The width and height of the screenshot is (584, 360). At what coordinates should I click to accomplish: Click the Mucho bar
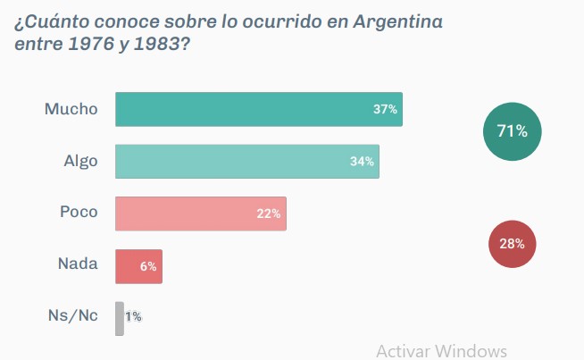[x=259, y=109]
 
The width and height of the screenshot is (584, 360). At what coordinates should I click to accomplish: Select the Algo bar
[x=247, y=162]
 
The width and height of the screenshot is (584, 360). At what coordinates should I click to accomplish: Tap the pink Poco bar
[x=201, y=213]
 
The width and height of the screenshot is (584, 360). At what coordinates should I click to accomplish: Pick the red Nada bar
[x=138, y=266]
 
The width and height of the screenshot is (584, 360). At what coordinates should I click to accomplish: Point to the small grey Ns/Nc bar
[x=120, y=318]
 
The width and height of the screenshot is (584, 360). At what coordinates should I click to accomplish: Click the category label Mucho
[x=71, y=109]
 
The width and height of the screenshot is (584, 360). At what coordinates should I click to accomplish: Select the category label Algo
[x=80, y=162]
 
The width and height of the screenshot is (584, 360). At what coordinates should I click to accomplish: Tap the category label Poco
[x=79, y=213]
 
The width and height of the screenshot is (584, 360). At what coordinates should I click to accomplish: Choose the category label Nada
[x=78, y=265]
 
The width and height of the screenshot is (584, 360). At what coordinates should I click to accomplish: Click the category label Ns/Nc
[x=72, y=317]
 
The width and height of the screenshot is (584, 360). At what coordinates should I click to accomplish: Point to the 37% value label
[x=385, y=110]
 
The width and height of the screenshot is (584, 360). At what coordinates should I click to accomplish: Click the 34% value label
[x=362, y=162]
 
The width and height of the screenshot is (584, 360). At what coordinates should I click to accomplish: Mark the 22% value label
[x=268, y=214]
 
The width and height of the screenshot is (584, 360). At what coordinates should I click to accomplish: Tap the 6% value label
[x=148, y=266]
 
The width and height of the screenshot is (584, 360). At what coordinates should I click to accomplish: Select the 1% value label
[x=133, y=317]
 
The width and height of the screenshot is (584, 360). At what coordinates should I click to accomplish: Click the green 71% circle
[x=512, y=131]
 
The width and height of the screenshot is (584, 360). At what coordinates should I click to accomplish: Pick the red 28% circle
[x=512, y=243]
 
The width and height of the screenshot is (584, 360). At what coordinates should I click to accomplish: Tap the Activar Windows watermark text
[x=441, y=350]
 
